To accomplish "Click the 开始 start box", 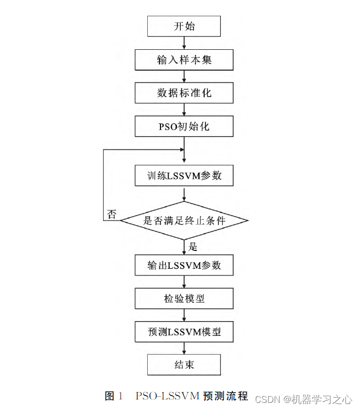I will [184, 26].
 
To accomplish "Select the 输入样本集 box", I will [184, 60].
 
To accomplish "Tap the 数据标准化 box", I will [184, 93].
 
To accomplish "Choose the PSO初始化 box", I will [184, 126].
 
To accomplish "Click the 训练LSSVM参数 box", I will [184, 176].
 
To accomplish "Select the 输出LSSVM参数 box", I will [184, 265].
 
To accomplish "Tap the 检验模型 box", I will [184, 299].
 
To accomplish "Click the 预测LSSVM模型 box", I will [184, 332].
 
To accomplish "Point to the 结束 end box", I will [184, 365].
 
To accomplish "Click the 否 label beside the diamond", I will [112, 214].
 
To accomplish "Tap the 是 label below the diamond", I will [193, 247].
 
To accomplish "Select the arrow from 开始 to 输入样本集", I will [184, 43].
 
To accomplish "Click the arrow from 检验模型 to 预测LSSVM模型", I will [184, 316].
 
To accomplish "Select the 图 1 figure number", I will [114, 396].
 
